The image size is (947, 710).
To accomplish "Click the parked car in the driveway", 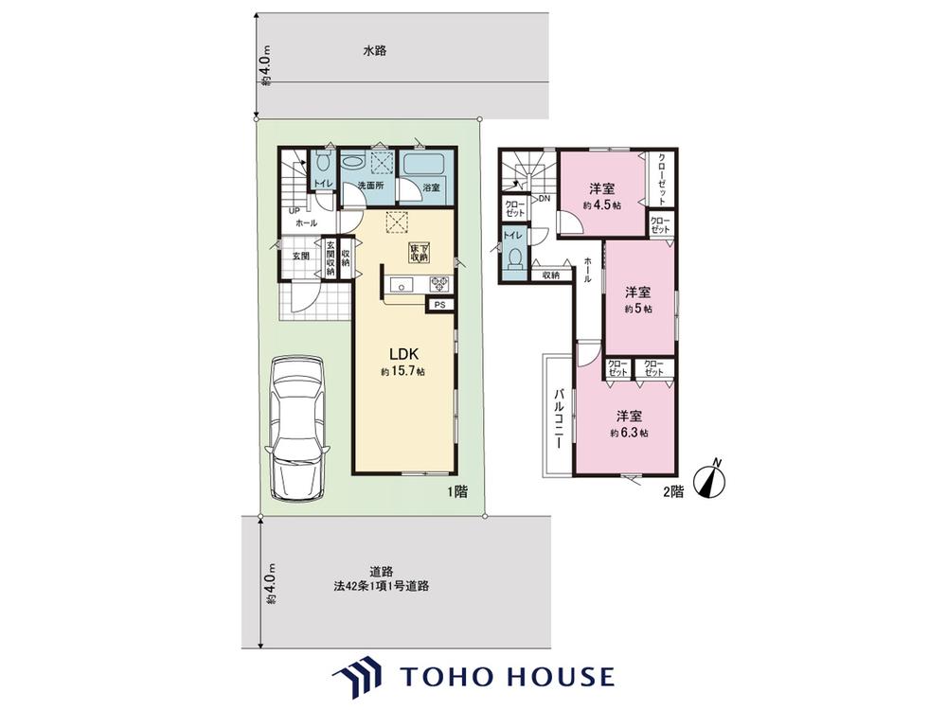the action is [x=297, y=428].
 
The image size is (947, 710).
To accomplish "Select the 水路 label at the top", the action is [x=374, y=51].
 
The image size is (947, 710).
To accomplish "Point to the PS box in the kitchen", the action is [x=440, y=305].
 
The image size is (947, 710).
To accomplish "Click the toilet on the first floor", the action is [x=322, y=161].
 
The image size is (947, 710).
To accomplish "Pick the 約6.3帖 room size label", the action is [x=629, y=433].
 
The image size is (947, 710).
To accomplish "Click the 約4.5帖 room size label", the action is [x=601, y=205].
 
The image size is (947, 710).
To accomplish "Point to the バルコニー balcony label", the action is [x=560, y=417].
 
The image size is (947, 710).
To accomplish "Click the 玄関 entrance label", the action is [x=301, y=256].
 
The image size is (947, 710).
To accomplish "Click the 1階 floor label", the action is [x=457, y=491].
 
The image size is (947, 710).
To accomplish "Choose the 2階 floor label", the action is [x=673, y=492].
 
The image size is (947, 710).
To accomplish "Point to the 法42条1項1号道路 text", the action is [x=381, y=586].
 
